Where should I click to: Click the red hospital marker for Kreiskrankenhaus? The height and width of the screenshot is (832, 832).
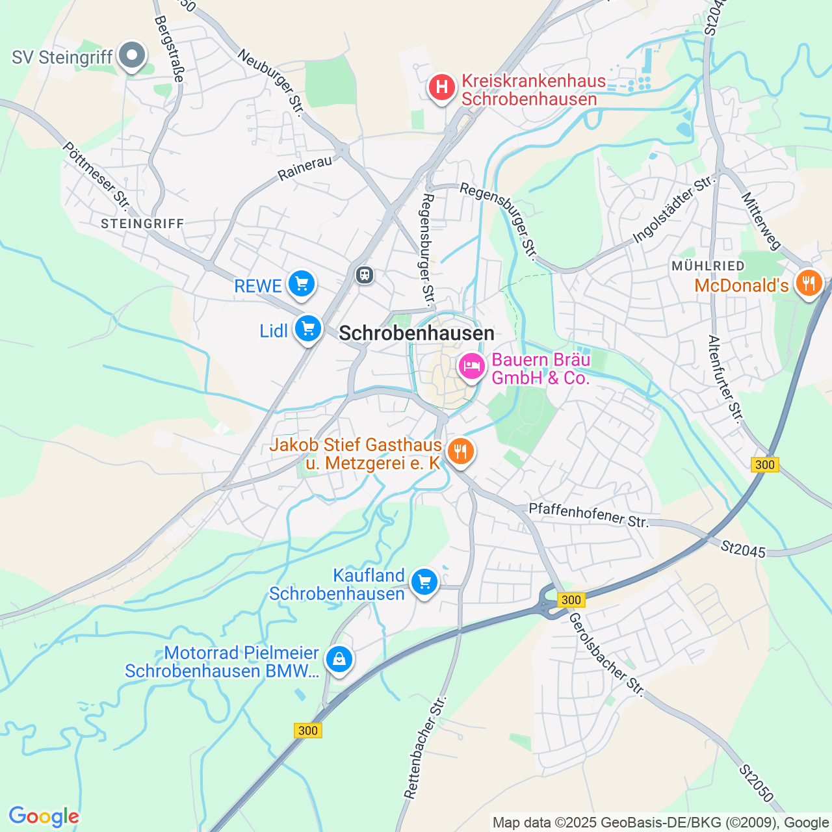click(x=442, y=86)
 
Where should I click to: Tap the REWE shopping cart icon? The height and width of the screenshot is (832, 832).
click(x=301, y=284)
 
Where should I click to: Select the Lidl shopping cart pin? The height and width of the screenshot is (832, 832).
click(x=308, y=329)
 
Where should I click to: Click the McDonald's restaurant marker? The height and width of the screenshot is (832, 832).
click(x=808, y=283)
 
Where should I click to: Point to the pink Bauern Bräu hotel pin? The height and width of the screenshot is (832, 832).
click(x=472, y=367)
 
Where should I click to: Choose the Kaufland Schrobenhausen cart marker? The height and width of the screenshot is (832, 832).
click(x=424, y=582)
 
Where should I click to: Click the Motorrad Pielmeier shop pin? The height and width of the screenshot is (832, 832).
click(x=339, y=660)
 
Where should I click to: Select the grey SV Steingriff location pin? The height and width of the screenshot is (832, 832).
click(x=132, y=56)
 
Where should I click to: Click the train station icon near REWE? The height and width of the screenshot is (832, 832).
click(x=365, y=275)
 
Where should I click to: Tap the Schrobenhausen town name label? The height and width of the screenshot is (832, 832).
click(x=417, y=333)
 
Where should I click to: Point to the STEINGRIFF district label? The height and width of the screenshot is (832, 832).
click(x=143, y=224)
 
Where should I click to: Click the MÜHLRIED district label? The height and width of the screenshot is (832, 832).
click(x=708, y=266)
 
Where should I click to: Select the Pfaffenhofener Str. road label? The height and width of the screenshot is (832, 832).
click(x=588, y=515)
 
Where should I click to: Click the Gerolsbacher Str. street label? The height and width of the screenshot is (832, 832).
click(x=606, y=655)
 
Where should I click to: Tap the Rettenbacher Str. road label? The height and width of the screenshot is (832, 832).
click(x=426, y=747)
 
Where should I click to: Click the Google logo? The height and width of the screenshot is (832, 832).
click(x=44, y=816)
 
